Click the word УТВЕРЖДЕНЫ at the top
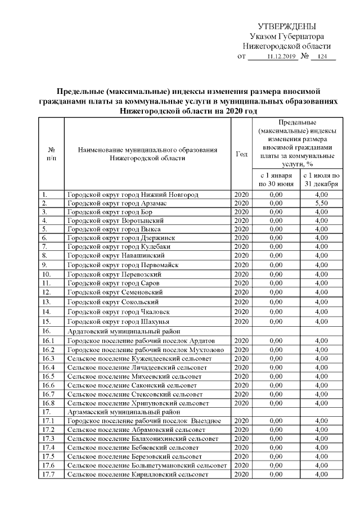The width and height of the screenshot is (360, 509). coord(286,26)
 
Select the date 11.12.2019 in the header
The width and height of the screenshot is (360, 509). coord(281,57)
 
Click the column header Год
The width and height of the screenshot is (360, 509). coord(241,154)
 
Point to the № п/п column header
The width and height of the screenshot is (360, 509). coord(51,154)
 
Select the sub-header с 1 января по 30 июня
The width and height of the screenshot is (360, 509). coord(276,179)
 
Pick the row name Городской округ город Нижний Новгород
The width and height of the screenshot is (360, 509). coord(133,195)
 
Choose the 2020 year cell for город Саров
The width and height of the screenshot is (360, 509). coord(241,283)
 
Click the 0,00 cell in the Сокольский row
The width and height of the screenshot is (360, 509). coord(276,302)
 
